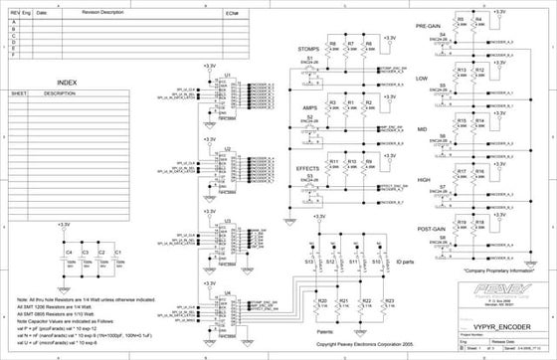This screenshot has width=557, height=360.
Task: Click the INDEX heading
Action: pyautogui.click(x=68, y=82)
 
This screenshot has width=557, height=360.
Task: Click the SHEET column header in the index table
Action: pyautogui.click(x=18, y=94)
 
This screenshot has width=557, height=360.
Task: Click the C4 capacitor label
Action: pyautogui.click(x=69, y=253)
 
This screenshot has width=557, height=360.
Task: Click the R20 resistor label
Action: pyautogui.click(x=321, y=300)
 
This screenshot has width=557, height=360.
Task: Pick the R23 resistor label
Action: pyautogui.click(x=390, y=300)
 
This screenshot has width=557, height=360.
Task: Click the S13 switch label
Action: pyautogui.click(x=309, y=262)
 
